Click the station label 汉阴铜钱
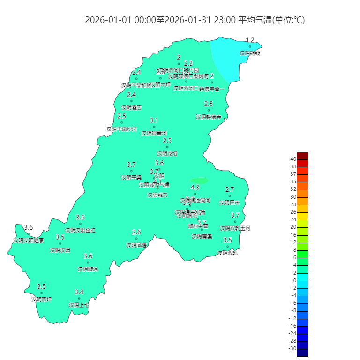click(250, 53)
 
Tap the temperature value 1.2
click(250, 40)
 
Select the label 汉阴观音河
click(154, 133)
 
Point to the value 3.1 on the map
click(154, 120)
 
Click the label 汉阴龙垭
click(167, 153)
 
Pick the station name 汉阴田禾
click(230, 202)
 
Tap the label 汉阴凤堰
click(136, 245)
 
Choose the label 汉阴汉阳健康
click(28, 240)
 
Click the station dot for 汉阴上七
click(79, 298)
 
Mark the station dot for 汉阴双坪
click(41, 293)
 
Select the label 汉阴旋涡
click(88, 269)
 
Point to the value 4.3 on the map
click(195, 187)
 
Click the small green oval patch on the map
click(199, 180)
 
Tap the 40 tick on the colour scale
click(293, 159)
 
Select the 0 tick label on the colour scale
click(294, 280)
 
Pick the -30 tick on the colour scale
click(292, 348)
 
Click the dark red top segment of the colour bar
click(302, 156)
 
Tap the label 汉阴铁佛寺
click(208, 117)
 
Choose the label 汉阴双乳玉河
click(235, 228)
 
